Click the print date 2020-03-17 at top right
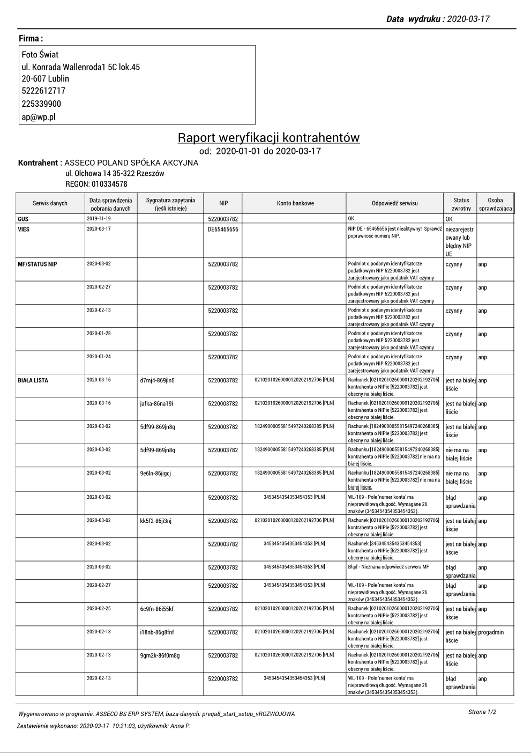coord(468,19)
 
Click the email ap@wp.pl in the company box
coord(39,117)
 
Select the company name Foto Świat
coord(40,55)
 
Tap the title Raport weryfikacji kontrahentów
coord(268,138)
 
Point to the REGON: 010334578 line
coord(96,184)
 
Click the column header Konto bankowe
coord(295,203)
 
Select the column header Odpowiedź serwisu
coord(394,203)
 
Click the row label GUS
coord(23,219)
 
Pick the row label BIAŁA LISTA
coord(33,380)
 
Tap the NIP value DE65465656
coord(223,230)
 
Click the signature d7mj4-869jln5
coord(157,381)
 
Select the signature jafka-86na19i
coord(156,404)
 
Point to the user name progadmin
coord(491,632)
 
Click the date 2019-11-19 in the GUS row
coord(99,219)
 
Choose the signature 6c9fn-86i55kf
coord(156,609)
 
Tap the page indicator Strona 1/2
coord(482,712)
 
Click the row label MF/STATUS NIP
coord(38,264)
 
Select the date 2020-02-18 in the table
coord(99,632)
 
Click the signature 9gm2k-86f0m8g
coord(160,655)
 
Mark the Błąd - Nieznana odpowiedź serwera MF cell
coord(388,567)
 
